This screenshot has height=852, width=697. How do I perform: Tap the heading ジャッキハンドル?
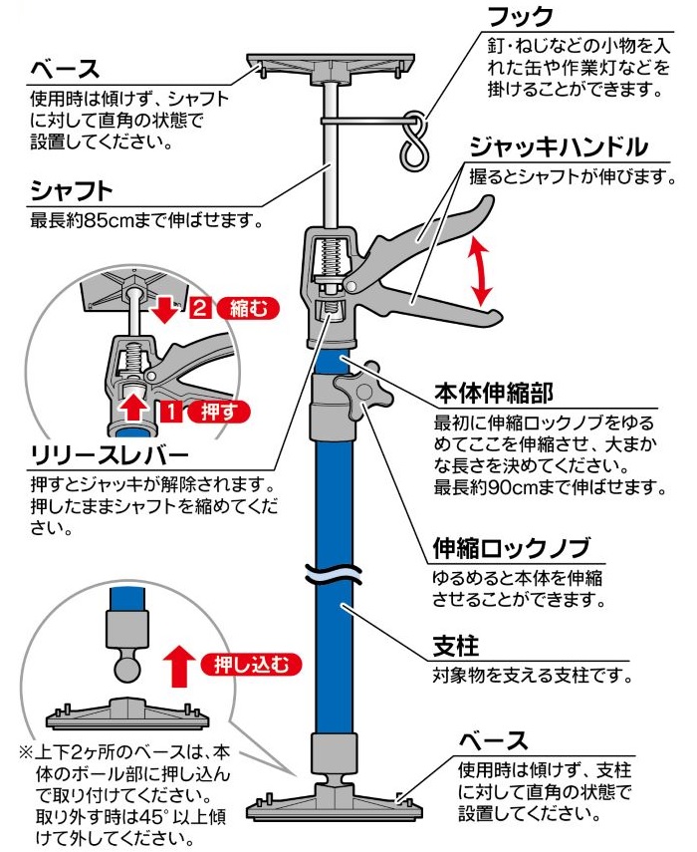click(560, 148)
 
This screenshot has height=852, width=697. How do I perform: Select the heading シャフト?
click(71, 189)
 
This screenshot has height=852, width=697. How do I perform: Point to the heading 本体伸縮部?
click(493, 390)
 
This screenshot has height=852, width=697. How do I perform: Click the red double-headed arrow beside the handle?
click(483, 271)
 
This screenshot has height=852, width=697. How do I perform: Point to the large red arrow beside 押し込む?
click(180, 665)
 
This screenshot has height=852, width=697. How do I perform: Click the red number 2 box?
click(200, 308)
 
